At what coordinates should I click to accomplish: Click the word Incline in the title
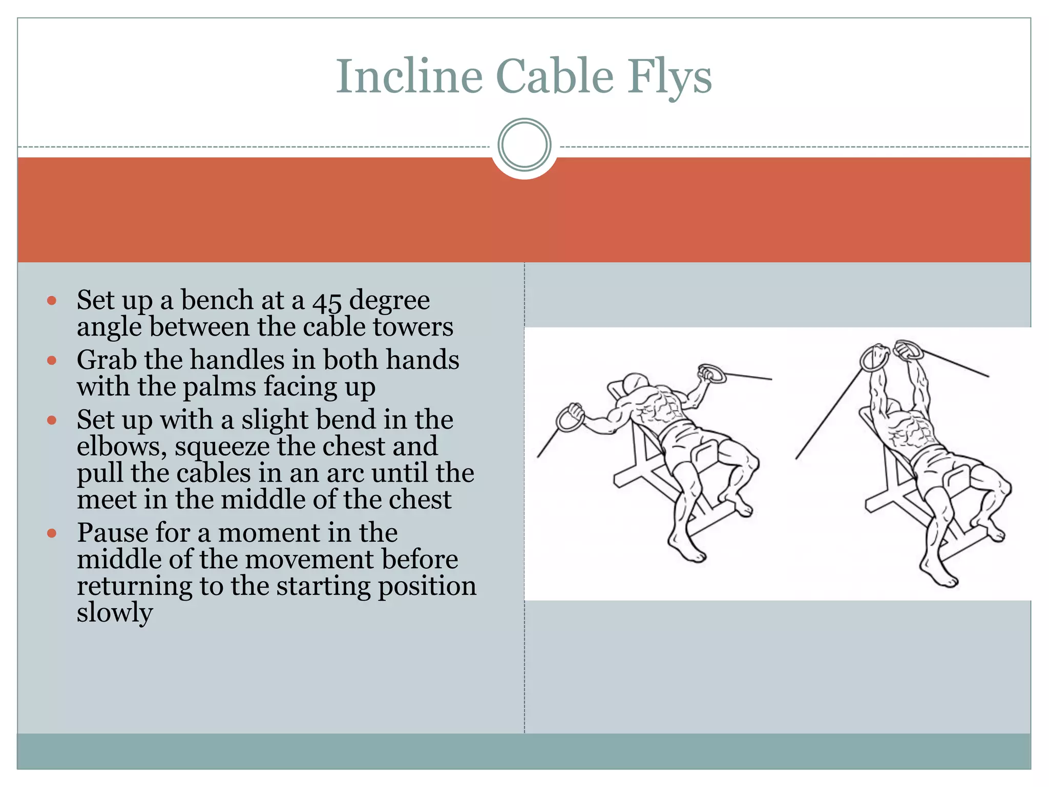tap(409, 77)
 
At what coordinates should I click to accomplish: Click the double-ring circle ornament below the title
tap(524, 144)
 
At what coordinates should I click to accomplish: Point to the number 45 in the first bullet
tap(327, 301)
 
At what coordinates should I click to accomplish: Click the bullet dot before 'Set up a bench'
tap(51, 301)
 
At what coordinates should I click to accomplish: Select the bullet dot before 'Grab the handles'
tap(51, 360)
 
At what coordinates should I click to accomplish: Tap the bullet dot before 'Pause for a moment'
tap(51, 533)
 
